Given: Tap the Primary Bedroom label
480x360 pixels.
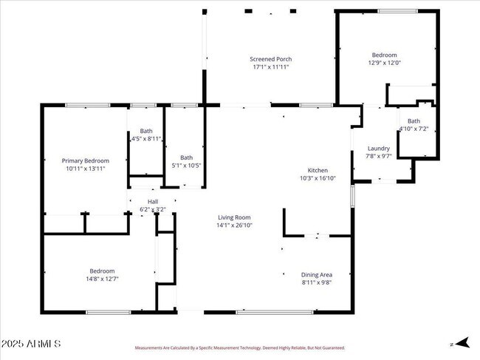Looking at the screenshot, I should (85, 160).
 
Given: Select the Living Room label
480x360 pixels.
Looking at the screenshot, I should (234, 217).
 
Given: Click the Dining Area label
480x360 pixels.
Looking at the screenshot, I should (316, 274).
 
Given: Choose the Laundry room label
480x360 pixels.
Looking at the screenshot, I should (378, 148).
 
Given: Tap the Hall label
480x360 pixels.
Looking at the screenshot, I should (153, 201).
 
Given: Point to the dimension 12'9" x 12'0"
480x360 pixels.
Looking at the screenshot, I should (384, 63).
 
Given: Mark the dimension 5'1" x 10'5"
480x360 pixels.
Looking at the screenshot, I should (187, 165).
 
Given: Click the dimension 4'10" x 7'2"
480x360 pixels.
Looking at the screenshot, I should (414, 129).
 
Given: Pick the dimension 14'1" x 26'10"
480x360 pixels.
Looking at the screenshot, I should (234, 225).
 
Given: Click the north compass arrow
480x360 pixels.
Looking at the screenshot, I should (462, 342).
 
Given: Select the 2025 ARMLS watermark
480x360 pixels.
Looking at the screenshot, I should (31, 344).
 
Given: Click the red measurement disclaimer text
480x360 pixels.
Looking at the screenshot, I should (239, 347).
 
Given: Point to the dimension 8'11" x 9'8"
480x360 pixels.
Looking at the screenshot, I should (316, 282).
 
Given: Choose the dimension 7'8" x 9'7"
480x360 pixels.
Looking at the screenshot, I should (378, 156).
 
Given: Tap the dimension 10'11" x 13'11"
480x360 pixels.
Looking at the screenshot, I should (85, 169).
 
